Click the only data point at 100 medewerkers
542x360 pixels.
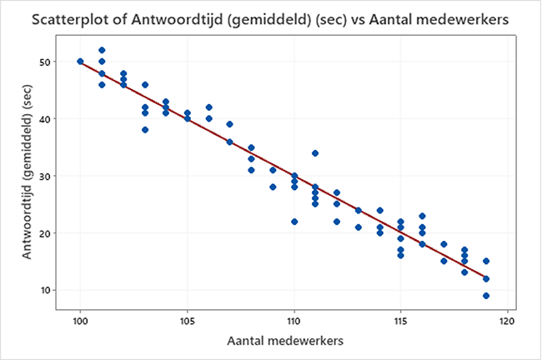coord(80,62)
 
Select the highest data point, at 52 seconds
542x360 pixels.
coord(102,50)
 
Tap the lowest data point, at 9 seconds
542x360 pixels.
coord(486,296)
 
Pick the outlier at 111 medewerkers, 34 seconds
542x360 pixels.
coord(315,153)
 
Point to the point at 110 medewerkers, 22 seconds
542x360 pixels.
coord(294,222)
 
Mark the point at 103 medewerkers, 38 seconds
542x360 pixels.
coord(144,130)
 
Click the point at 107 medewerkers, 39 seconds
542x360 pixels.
coord(229,124)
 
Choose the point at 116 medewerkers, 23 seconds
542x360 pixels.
coord(422,216)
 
